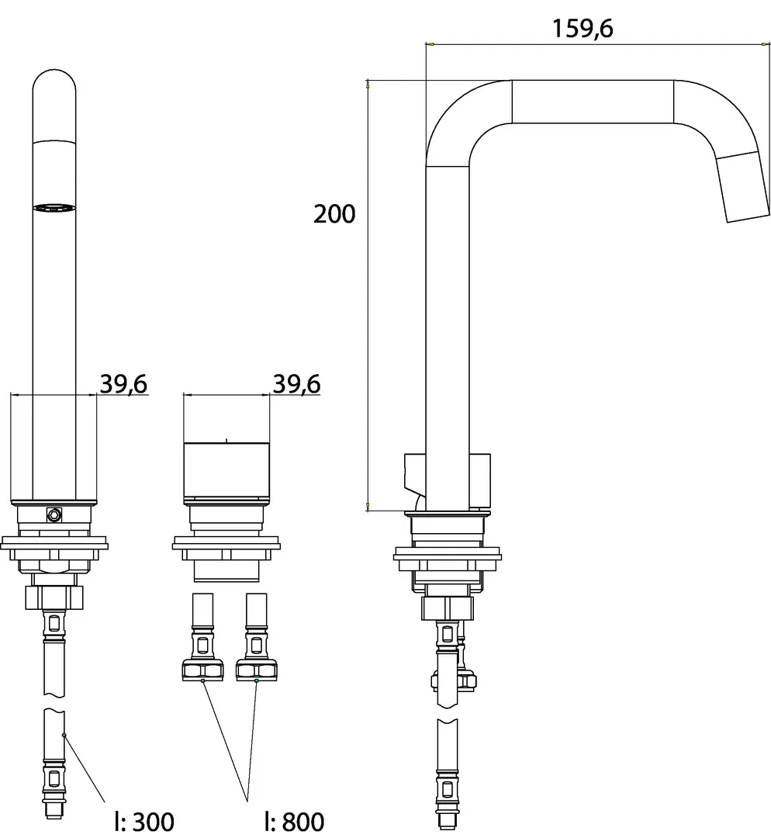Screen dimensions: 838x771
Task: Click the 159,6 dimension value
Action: click(583, 29)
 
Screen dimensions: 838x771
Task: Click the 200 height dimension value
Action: click(334, 214)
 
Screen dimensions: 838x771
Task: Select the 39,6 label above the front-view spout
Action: click(124, 383)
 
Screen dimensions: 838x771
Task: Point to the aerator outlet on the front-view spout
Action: click(54, 207)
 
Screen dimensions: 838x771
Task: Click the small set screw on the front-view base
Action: click(54, 514)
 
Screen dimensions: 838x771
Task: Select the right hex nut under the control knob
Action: click(257, 670)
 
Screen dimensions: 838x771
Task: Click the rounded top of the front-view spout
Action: click(54, 85)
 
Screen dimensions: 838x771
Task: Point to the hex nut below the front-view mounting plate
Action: click(54, 597)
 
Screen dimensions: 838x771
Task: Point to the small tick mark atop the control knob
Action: click(226, 440)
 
